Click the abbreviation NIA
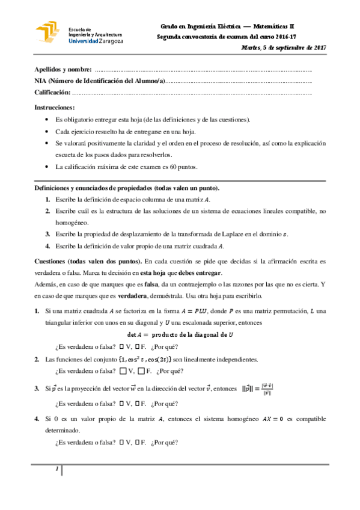41,81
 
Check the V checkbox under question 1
121,346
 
